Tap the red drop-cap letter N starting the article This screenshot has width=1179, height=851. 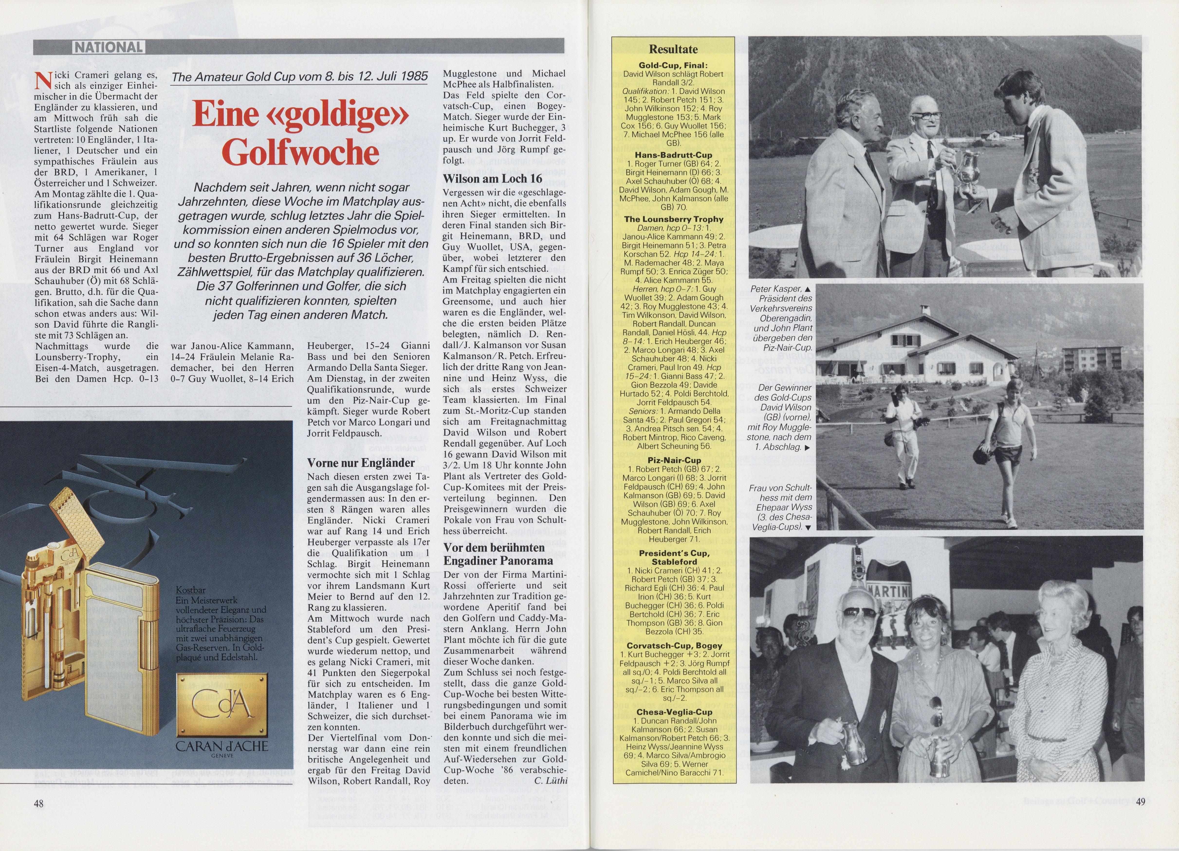tap(41, 81)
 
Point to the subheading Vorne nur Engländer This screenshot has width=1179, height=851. tap(361, 463)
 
